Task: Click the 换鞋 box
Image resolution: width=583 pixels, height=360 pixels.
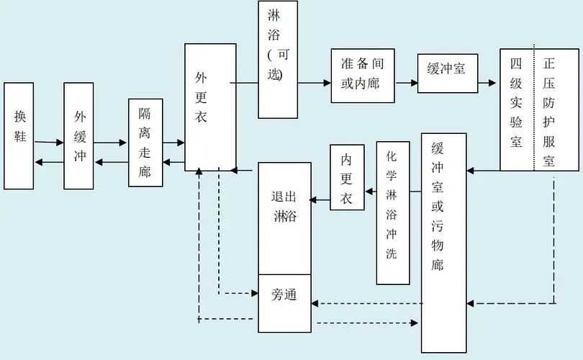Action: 19,135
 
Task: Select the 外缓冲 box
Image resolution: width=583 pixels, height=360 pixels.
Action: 78,135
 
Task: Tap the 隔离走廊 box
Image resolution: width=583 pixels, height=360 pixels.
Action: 145,143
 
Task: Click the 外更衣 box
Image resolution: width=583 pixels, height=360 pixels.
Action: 210,107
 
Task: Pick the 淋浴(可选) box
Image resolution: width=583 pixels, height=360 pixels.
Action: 277,60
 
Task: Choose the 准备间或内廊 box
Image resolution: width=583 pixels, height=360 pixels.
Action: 363,76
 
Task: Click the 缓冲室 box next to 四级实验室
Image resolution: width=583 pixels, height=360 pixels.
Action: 447,73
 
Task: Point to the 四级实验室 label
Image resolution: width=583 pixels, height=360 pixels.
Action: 516,109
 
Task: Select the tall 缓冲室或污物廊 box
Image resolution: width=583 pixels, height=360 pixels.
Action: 443,242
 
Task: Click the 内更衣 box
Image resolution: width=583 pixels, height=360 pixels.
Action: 347,177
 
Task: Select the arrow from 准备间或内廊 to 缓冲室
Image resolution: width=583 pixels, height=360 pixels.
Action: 406,83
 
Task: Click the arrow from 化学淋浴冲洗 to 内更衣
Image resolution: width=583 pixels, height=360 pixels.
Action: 370,192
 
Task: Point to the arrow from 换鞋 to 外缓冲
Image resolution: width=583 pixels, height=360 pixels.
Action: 49,143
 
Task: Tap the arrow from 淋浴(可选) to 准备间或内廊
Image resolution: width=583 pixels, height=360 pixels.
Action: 314,83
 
